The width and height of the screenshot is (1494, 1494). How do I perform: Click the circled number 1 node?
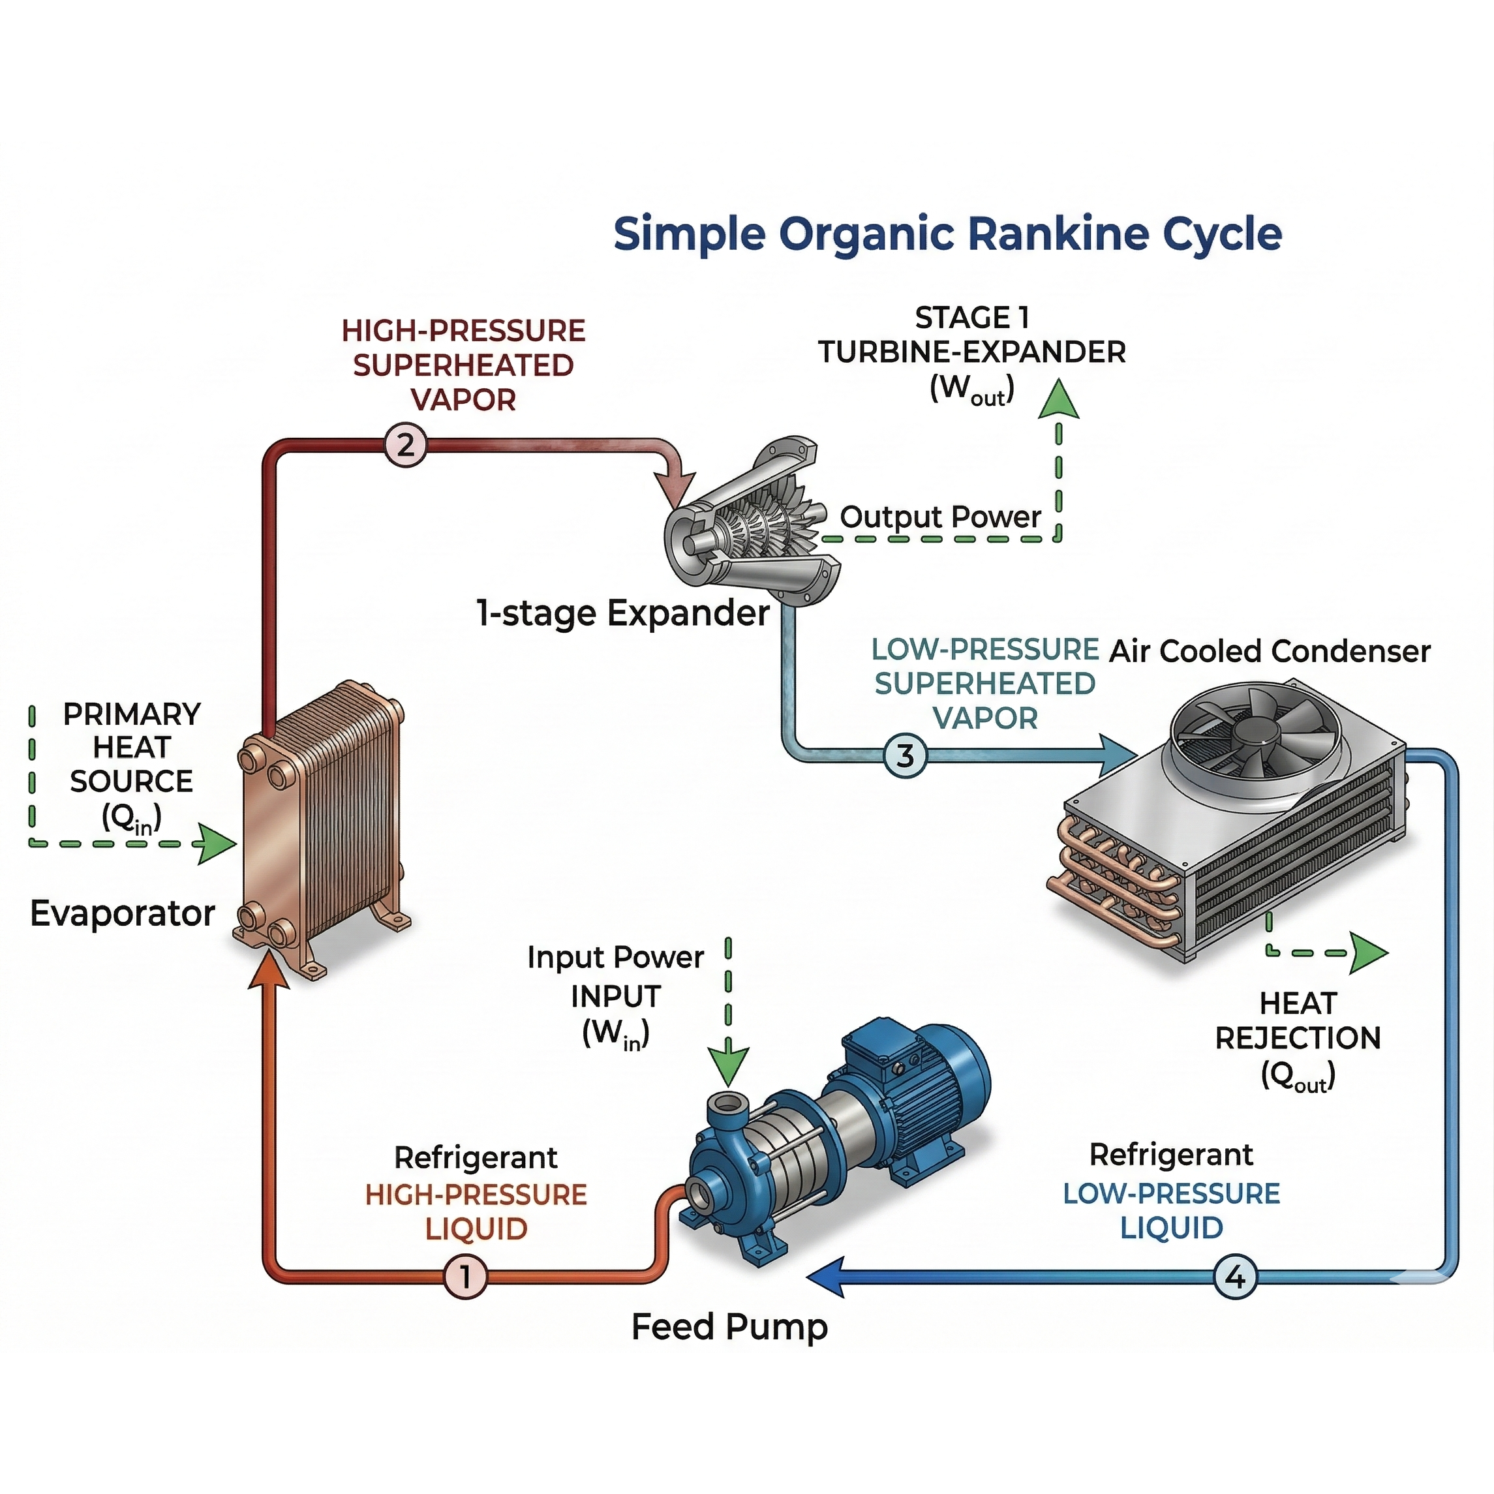point(466,1276)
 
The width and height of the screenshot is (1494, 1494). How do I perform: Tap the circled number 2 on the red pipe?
point(405,446)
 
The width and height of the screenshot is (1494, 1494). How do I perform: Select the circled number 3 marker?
point(905,755)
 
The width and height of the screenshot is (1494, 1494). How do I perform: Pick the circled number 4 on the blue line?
point(1235,1276)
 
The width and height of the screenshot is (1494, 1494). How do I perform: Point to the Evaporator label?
point(122,913)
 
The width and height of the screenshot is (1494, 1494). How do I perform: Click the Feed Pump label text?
point(729,1327)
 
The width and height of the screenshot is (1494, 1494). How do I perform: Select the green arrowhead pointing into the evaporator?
point(217,844)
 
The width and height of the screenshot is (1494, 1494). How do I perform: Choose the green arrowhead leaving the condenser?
point(1369,953)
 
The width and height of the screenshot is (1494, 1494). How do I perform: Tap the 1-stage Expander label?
point(623,613)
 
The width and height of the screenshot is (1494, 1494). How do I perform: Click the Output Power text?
point(940,517)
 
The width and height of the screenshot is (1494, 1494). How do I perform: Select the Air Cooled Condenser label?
point(1270,651)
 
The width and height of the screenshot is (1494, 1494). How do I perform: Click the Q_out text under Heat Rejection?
point(1298,1076)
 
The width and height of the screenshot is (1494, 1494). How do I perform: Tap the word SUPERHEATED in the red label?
point(463,365)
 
